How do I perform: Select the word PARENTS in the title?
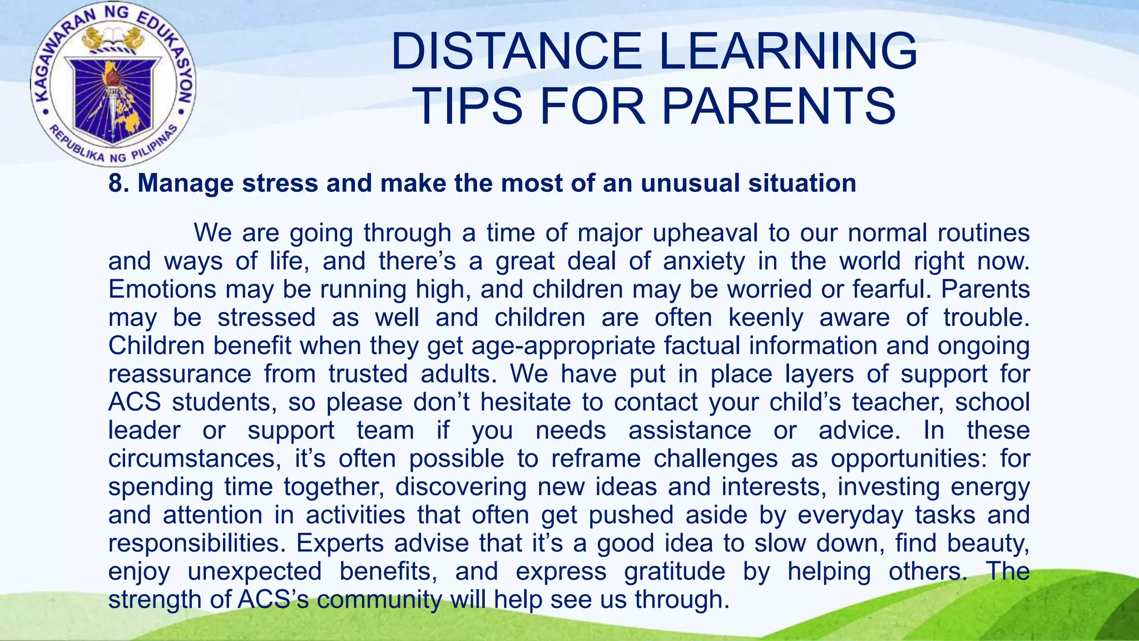(779, 106)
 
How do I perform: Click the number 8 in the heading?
(115, 183)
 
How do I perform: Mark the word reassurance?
(180, 374)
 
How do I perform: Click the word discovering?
(460, 487)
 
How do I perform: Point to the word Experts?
(340, 543)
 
